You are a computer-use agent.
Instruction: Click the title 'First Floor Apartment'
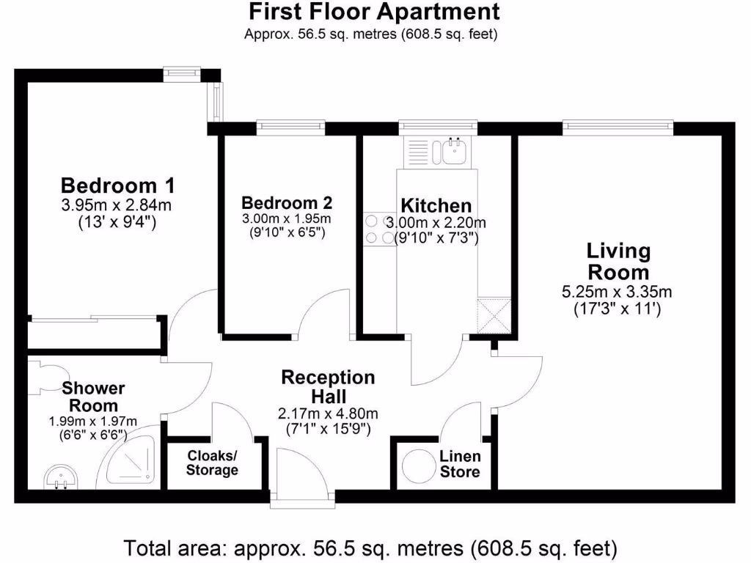375,12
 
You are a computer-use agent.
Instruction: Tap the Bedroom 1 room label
117,184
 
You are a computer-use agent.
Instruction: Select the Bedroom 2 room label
287,202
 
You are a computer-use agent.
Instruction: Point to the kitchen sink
453,152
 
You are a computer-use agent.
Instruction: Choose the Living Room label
618,262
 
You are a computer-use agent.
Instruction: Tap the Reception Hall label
328,386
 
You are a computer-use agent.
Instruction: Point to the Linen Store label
460,464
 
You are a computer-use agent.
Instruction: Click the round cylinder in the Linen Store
418,464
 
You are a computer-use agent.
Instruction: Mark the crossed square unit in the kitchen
494,316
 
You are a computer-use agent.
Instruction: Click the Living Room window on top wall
618,127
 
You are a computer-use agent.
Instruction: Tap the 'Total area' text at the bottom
370,548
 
